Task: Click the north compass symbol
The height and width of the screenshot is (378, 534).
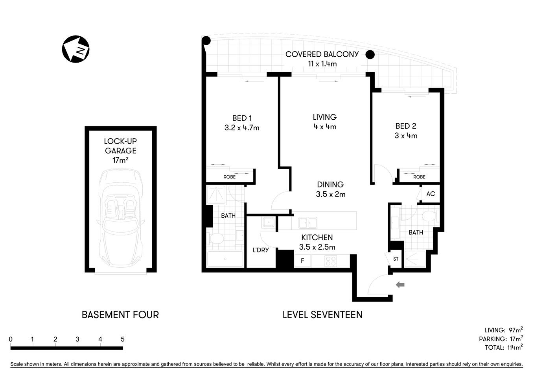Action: tap(76, 49)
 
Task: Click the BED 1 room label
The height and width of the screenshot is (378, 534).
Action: tap(242, 122)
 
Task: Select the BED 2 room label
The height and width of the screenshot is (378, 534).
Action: tap(406, 131)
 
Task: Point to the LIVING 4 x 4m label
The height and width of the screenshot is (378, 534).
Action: tap(325, 122)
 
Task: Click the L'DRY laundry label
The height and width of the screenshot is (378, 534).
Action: tap(261, 250)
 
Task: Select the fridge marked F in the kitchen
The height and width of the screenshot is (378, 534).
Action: tap(302, 261)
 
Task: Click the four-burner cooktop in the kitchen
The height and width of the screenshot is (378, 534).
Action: tap(331, 261)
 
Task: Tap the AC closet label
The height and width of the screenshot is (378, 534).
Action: tap(431, 194)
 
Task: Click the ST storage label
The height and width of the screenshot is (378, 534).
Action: tap(396, 259)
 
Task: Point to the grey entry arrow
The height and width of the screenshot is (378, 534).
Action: tap(400, 285)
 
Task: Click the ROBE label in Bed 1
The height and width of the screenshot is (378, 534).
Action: tap(230, 177)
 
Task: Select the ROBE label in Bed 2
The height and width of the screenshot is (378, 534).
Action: tap(419, 177)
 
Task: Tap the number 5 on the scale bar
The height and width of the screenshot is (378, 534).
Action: tap(123, 339)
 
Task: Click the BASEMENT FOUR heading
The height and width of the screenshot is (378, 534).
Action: tap(120, 315)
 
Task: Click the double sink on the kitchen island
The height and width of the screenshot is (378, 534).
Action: tap(308, 223)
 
